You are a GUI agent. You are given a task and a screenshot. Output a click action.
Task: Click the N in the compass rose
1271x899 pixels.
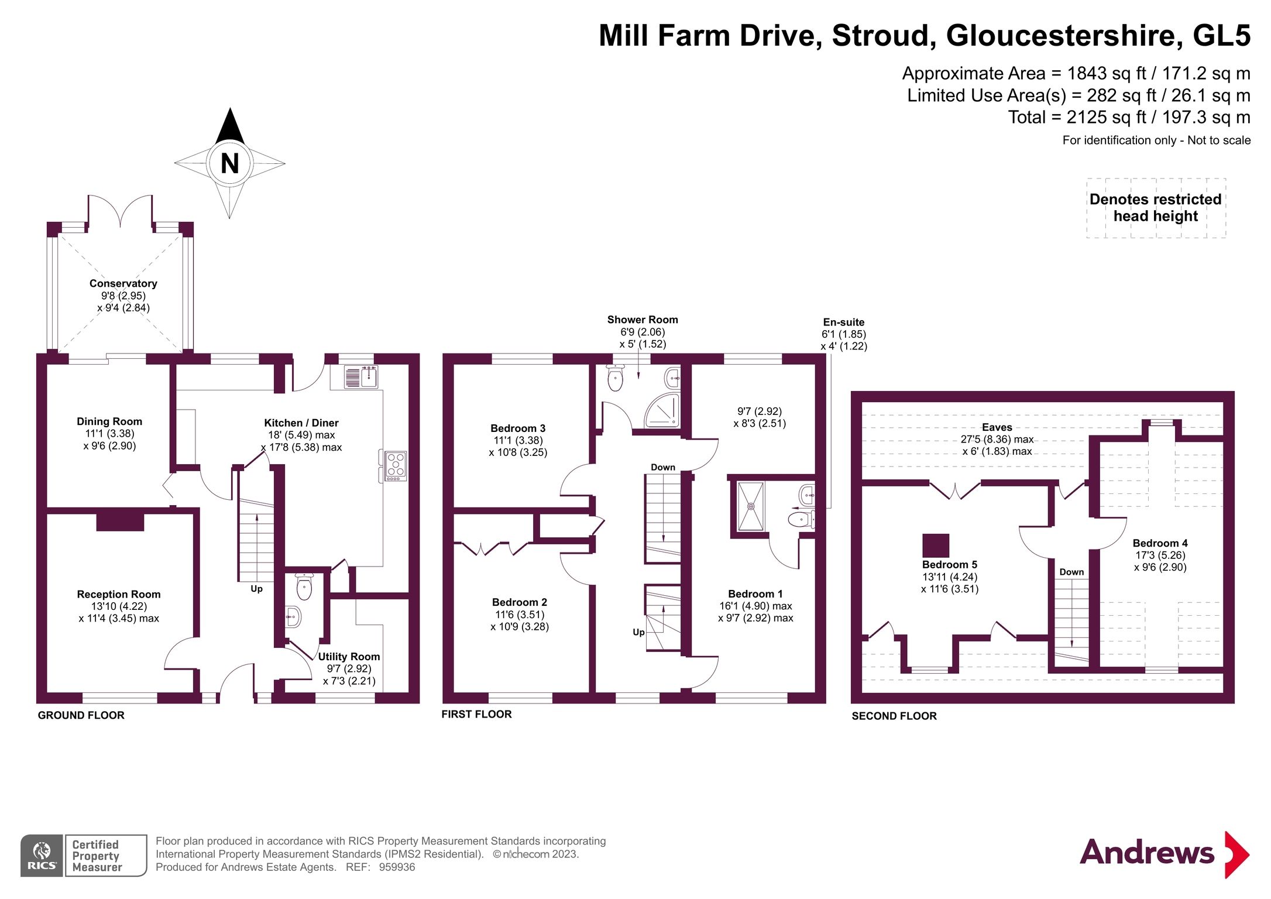click(229, 163)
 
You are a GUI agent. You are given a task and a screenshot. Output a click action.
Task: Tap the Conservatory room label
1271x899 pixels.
click(123, 283)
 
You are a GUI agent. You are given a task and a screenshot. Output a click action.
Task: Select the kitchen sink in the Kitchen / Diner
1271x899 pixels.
click(360, 377)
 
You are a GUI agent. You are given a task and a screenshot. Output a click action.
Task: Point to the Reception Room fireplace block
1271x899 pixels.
click(120, 521)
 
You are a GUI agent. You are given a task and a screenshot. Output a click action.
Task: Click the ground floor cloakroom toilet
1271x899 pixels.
click(304, 586)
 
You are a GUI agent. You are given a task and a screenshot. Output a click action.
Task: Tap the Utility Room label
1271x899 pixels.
click(349, 657)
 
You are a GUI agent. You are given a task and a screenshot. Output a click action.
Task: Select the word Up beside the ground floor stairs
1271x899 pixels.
click(256, 589)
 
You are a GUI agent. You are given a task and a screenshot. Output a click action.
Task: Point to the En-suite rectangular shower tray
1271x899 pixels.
click(751, 506)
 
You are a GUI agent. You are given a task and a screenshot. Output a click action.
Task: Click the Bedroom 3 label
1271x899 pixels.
click(518, 428)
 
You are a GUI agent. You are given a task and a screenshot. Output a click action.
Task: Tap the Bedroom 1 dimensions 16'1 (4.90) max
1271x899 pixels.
click(755, 606)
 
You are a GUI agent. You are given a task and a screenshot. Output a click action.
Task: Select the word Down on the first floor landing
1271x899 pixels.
click(663, 467)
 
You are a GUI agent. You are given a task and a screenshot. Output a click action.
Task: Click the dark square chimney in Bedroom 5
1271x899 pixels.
click(936, 545)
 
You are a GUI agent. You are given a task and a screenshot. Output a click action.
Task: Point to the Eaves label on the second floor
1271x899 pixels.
click(997, 427)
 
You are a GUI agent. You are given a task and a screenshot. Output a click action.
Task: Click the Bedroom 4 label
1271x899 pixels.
click(1160, 543)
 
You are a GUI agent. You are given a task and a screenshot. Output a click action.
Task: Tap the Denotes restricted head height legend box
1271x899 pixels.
click(1156, 208)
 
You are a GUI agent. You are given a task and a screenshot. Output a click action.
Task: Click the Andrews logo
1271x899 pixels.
click(1164, 853)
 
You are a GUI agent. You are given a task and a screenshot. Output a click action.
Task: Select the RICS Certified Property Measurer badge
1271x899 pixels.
click(84, 855)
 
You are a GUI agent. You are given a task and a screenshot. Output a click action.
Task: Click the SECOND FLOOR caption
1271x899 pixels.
click(894, 716)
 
